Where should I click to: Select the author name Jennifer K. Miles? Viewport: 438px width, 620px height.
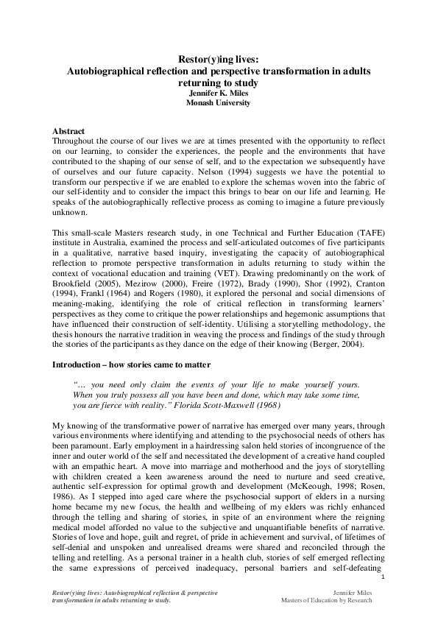[219, 94]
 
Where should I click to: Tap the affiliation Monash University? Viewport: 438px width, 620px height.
[219, 103]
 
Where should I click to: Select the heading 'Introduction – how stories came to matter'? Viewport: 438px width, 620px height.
[131, 364]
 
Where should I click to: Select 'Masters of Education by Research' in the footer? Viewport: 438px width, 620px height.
[326, 599]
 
